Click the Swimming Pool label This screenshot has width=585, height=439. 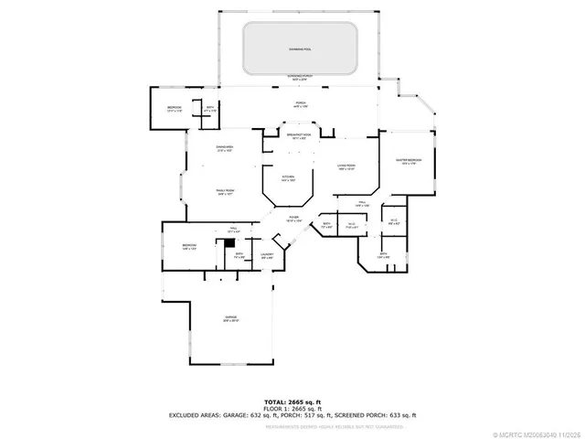click(x=299, y=48)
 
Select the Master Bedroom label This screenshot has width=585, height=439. click(x=408, y=161)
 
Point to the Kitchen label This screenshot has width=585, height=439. click(x=287, y=177)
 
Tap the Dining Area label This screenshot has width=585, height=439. click(x=224, y=151)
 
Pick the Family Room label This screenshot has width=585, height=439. click(x=225, y=192)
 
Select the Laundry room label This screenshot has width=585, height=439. click(x=268, y=257)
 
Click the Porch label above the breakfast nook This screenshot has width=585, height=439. click(x=299, y=103)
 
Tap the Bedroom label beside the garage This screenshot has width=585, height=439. click(x=189, y=247)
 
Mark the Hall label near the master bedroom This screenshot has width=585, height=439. click(x=362, y=204)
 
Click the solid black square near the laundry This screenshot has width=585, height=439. click(x=230, y=243)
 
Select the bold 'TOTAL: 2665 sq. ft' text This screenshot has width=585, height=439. click(x=292, y=402)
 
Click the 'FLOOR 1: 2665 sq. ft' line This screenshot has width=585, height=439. click(x=292, y=408)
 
